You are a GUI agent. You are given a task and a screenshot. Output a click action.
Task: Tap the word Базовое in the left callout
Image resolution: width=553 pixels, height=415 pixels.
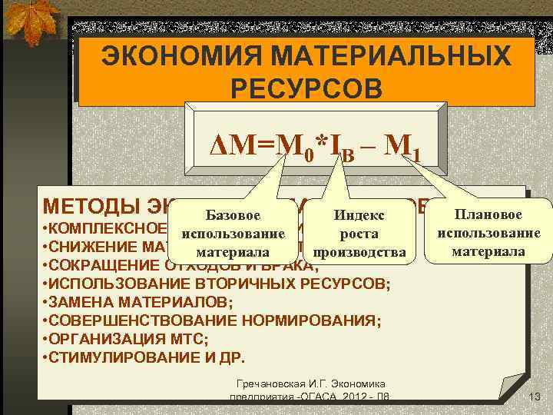(x=232, y=217)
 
